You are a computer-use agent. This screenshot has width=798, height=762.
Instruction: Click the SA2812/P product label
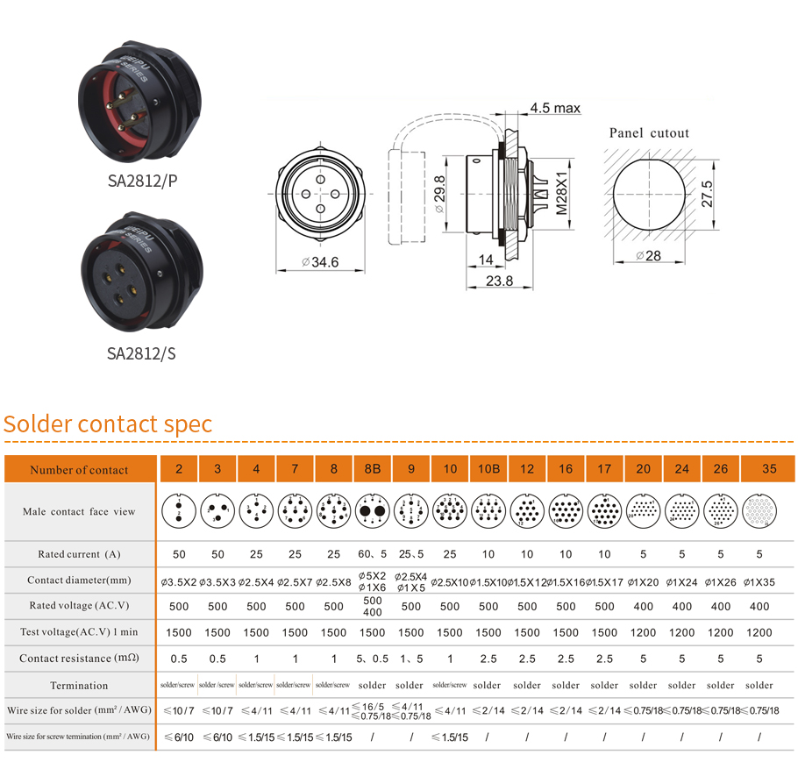tap(142, 182)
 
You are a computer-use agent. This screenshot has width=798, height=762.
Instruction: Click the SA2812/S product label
tap(142, 353)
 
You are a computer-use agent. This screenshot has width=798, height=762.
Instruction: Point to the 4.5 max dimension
tap(554, 109)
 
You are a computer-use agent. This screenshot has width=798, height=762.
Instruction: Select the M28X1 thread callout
tap(563, 193)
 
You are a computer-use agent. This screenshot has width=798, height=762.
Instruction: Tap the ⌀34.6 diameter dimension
tap(319, 262)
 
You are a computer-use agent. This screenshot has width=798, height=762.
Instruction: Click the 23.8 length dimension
tap(499, 281)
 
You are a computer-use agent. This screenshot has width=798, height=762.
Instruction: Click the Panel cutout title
tap(649, 133)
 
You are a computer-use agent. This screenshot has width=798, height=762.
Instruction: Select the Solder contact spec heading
tap(108, 424)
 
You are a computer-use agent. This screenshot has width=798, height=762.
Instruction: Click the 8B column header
tap(373, 469)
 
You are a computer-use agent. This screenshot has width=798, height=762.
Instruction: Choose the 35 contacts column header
tap(769, 469)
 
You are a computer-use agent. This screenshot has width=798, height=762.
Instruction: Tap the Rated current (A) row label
tap(80, 554)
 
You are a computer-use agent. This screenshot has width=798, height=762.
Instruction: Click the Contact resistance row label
tap(80, 659)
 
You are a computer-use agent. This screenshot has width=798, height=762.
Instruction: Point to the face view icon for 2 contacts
tap(179, 510)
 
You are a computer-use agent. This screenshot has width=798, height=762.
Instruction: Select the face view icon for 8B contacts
tap(373, 510)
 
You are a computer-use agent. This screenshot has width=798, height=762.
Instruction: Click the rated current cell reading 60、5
tap(373, 554)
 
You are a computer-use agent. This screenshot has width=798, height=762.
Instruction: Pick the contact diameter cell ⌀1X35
tap(759, 581)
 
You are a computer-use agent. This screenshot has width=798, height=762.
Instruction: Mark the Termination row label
tap(80, 686)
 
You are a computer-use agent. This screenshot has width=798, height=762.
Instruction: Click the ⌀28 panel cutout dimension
tap(648, 255)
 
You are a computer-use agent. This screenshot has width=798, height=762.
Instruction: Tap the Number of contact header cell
tap(80, 470)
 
